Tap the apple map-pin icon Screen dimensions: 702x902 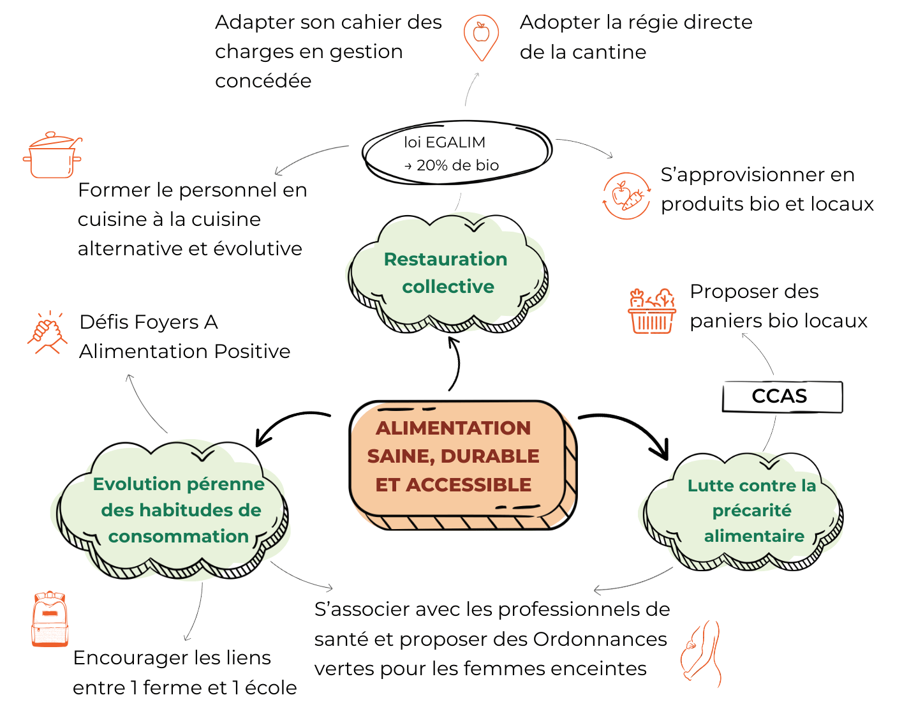(x=481, y=38)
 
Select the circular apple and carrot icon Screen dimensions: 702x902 (x=626, y=196)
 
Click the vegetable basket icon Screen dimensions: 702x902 (x=651, y=311)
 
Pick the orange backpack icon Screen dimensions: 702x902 (x=50, y=618)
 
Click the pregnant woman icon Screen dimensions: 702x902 (x=702, y=653)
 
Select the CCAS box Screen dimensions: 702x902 (x=782, y=396)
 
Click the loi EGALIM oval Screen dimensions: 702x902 (x=456, y=153)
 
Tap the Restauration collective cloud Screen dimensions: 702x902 (x=447, y=273)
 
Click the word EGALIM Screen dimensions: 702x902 (x=455, y=142)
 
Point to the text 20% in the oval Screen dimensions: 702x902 (x=432, y=165)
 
